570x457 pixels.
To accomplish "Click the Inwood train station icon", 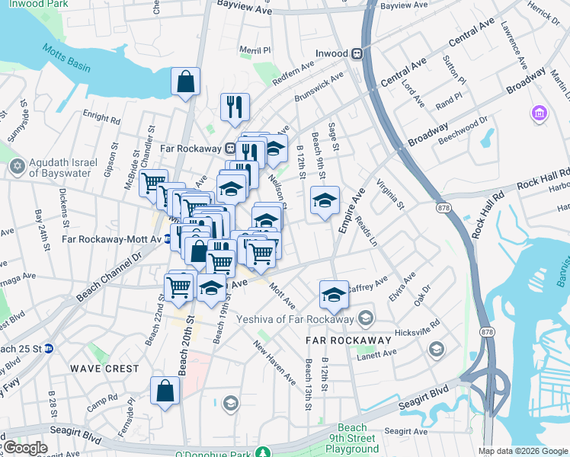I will (x=355, y=54).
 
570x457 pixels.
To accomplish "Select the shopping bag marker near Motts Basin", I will (x=186, y=81).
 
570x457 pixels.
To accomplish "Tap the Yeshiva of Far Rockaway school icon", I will (x=367, y=318).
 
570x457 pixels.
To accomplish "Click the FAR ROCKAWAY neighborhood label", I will (x=348, y=340).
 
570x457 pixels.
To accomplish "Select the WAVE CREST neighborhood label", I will (x=105, y=369).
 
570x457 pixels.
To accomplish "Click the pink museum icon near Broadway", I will (x=540, y=113).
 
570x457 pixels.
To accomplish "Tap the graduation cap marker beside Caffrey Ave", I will (x=333, y=294).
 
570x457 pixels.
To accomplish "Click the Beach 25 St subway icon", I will (x=49, y=348).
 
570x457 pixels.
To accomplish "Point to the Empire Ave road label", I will (x=351, y=213).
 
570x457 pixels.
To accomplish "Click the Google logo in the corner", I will (x=24, y=448).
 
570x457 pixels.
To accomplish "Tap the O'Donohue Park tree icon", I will (x=263, y=453).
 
